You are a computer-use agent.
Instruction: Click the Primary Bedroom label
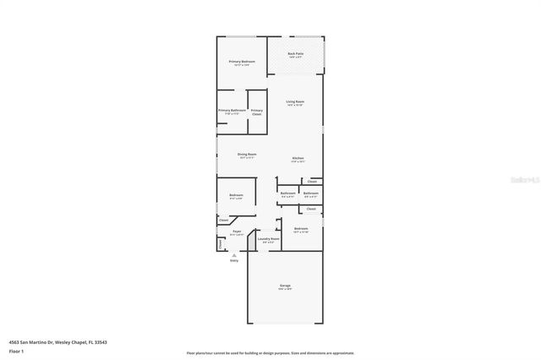(x=242, y=62)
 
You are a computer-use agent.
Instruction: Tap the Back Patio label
(x=295, y=54)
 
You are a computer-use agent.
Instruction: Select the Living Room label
(x=295, y=101)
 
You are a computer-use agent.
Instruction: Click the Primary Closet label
(x=256, y=112)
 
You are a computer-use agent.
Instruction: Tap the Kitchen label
(x=298, y=159)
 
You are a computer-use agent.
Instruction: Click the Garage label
(x=285, y=286)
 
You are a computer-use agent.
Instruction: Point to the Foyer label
(x=237, y=232)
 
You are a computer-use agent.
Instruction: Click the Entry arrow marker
(x=234, y=254)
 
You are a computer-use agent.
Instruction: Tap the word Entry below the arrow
(x=234, y=260)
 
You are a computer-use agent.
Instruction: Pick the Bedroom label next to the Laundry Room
(x=301, y=229)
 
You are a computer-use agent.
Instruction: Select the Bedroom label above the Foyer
(x=236, y=196)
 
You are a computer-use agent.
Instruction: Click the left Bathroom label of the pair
(x=287, y=193)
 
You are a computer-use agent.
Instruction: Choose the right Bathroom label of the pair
(x=310, y=193)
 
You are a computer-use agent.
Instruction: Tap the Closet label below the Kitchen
(x=312, y=182)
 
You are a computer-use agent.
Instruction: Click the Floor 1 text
(x=16, y=351)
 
